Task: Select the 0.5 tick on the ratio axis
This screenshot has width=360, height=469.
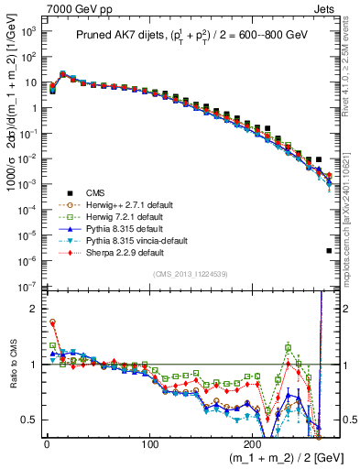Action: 27,420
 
